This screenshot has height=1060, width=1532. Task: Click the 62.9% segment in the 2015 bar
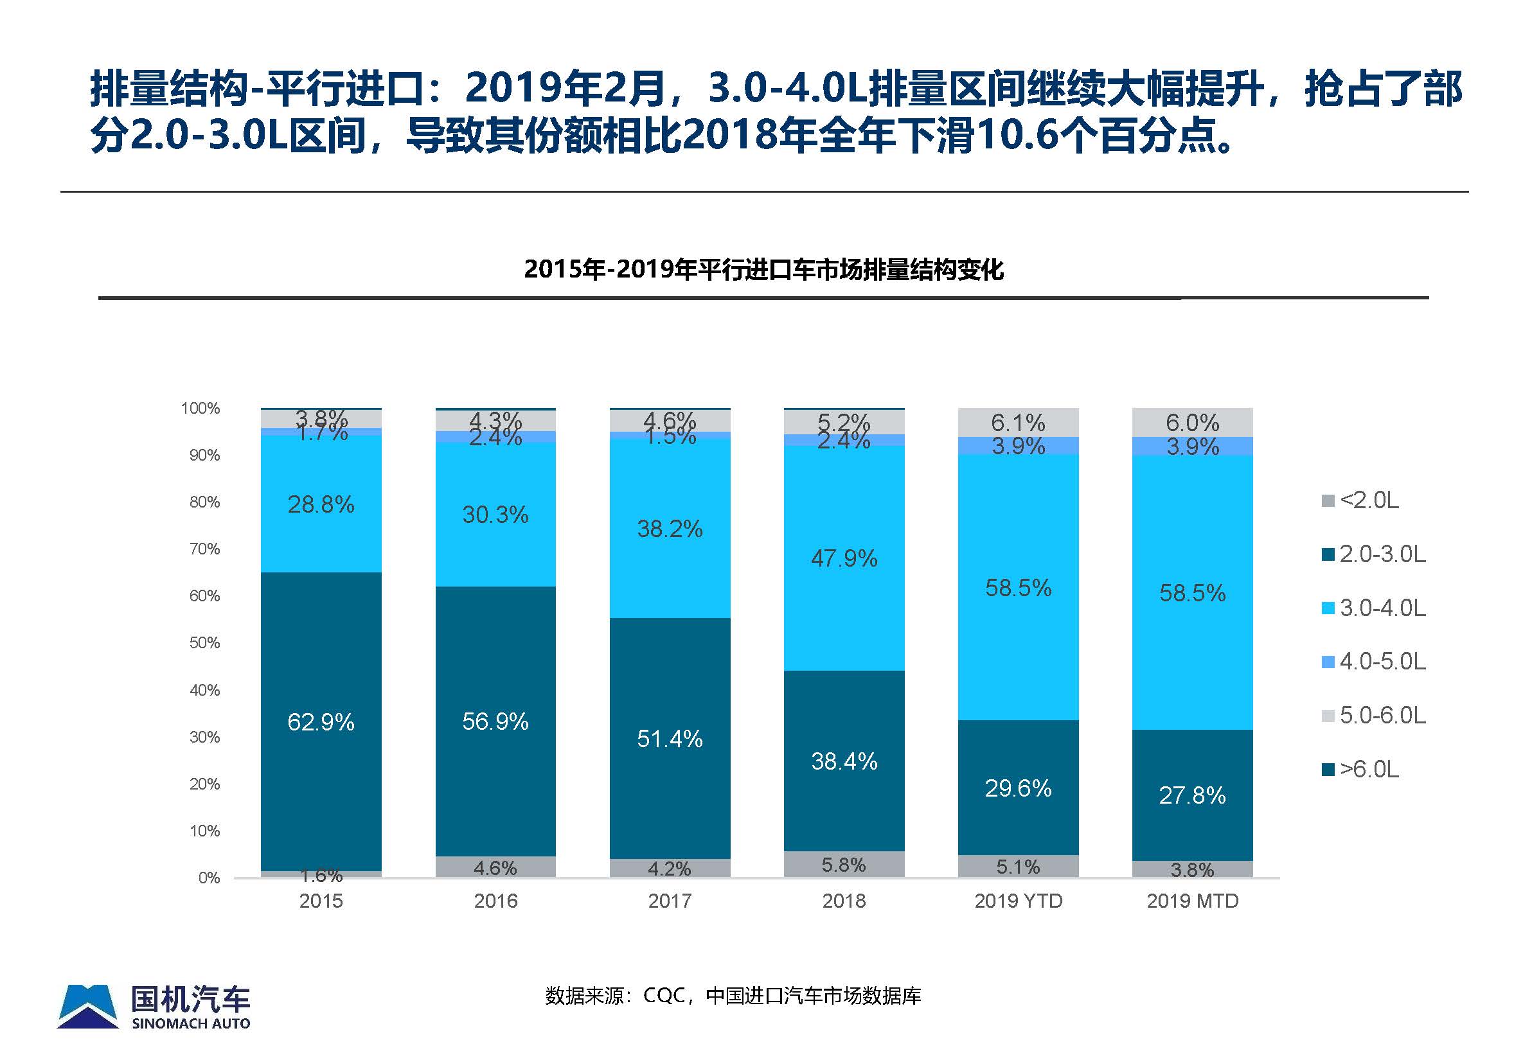click(x=321, y=722)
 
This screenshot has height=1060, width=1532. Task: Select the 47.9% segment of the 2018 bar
click(x=844, y=558)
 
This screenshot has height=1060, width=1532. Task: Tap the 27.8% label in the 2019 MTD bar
click(x=1192, y=796)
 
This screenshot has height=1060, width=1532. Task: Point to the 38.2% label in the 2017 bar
click(x=670, y=529)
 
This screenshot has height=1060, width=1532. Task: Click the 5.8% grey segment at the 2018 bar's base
click(x=844, y=865)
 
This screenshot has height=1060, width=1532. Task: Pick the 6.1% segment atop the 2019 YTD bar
click(x=1018, y=423)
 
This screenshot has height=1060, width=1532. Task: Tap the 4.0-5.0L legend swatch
click(x=1329, y=662)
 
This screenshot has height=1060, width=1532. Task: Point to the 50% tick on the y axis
click(x=204, y=643)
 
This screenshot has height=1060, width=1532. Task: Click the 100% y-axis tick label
click(x=200, y=408)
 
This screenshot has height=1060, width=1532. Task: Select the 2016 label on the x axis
click(x=495, y=901)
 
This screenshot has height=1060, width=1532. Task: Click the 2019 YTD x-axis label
click(x=1018, y=901)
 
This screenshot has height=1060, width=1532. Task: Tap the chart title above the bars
click(x=763, y=270)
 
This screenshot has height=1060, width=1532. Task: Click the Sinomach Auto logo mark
click(x=87, y=1007)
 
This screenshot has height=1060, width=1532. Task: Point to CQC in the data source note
click(x=664, y=996)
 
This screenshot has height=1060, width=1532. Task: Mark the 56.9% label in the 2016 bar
click(x=495, y=722)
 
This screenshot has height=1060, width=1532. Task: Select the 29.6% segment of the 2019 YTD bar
click(x=1018, y=788)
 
